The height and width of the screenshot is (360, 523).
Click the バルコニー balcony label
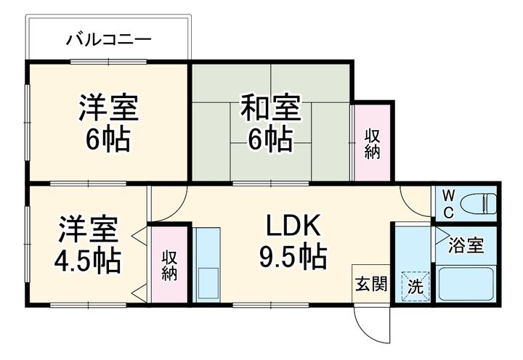[109, 38]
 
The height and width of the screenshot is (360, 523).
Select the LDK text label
[292, 228]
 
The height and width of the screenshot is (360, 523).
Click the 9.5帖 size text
[293, 256]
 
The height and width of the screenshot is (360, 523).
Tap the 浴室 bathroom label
[466, 245]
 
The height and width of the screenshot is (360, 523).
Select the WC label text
[447, 204]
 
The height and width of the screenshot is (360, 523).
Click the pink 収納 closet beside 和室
[372, 144]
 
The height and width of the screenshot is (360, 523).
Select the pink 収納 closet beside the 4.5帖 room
[170, 266]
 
